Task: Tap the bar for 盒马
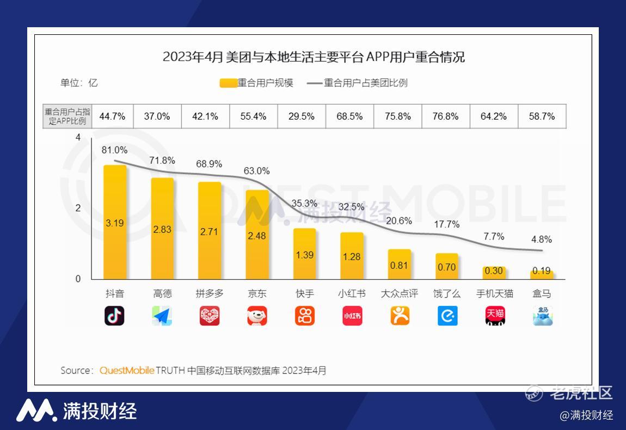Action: click(x=542, y=274)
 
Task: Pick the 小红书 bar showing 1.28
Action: click(x=352, y=256)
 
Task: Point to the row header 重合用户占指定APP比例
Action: click(x=67, y=116)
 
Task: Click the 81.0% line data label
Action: click(x=114, y=150)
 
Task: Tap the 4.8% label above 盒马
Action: click(x=542, y=239)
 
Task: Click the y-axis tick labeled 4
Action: click(x=78, y=138)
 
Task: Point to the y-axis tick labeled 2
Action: click(x=78, y=208)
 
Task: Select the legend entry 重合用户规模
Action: click(x=257, y=83)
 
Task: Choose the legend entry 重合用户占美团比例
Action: click(x=358, y=83)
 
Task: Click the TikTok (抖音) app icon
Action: click(x=114, y=316)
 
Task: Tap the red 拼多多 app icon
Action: click(x=210, y=316)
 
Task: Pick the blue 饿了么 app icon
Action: click(x=447, y=316)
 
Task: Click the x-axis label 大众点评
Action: click(x=400, y=294)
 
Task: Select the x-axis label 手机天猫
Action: click(x=494, y=294)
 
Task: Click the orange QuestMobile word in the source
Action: click(x=127, y=371)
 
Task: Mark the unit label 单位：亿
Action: click(x=79, y=83)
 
